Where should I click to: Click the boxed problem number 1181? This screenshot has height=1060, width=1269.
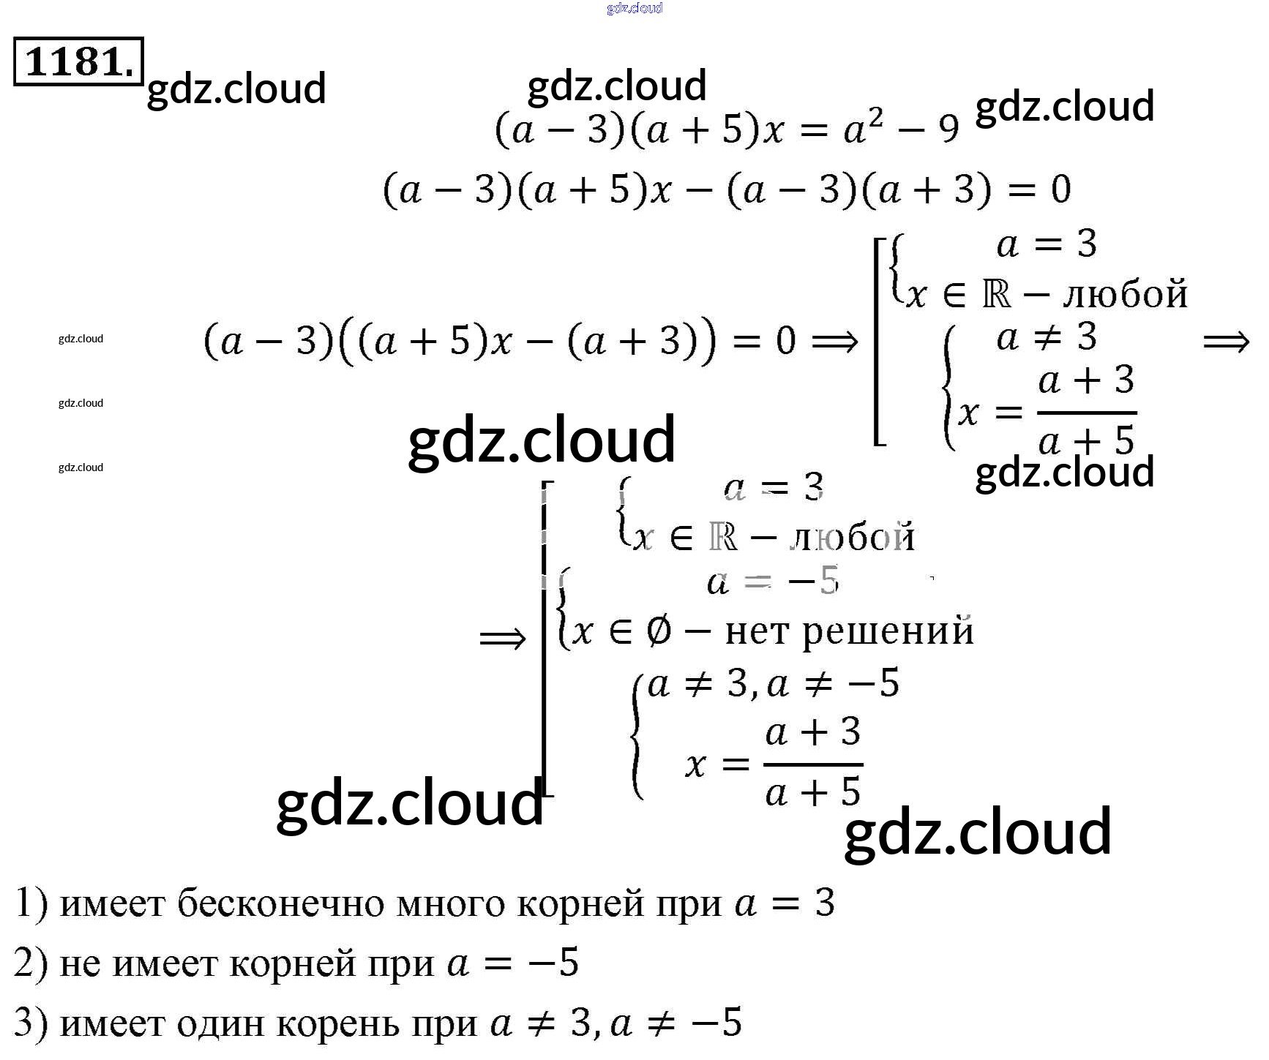(78, 61)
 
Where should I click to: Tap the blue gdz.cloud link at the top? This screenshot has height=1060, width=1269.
(634, 8)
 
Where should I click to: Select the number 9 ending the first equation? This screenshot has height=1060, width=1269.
(948, 130)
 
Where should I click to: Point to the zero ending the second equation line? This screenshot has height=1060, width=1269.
(1061, 189)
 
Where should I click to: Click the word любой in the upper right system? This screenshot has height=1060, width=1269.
(1126, 294)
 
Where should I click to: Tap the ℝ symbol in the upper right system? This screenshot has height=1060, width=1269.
(996, 294)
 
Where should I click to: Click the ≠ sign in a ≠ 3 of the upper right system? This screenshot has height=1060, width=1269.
(1047, 337)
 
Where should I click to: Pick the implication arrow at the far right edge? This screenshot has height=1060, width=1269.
(1226, 342)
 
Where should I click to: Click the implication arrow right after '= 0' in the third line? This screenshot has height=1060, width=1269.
(834, 342)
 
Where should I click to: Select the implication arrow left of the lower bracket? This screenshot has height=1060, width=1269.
(502, 639)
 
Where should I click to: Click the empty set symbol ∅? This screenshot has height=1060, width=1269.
(659, 631)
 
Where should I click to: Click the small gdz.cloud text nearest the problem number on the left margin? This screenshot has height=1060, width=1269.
(81, 339)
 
